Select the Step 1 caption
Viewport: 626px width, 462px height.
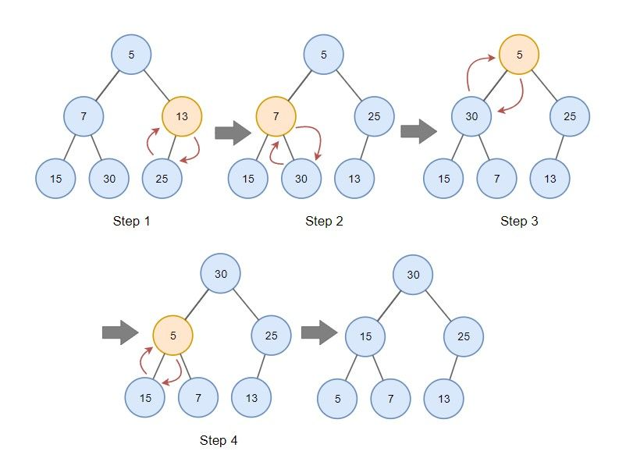(x=131, y=222)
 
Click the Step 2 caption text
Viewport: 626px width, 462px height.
(x=324, y=222)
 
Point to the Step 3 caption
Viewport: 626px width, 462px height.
(x=519, y=222)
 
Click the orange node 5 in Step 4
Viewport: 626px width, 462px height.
(x=173, y=336)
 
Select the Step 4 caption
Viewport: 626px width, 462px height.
(x=219, y=441)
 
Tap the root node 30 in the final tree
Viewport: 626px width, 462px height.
(x=413, y=275)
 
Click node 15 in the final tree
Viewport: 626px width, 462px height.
(x=365, y=336)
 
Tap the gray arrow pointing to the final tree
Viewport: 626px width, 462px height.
(x=318, y=334)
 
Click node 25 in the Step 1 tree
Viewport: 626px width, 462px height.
(x=162, y=179)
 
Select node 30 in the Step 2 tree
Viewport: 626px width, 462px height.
(x=301, y=179)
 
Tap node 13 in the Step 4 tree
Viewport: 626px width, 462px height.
(x=251, y=398)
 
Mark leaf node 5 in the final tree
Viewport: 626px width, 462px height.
(x=337, y=398)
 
